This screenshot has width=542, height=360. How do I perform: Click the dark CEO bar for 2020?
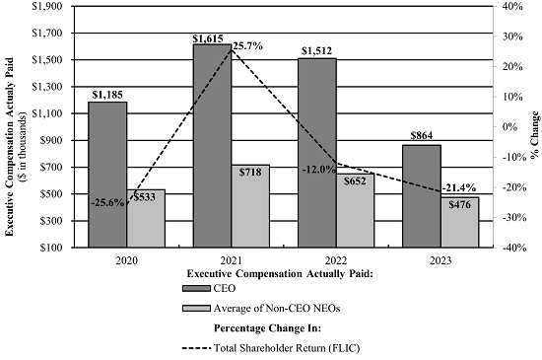pyautogui.click(x=107, y=175)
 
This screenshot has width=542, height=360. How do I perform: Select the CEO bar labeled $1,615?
pyautogui.click(x=212, y=146)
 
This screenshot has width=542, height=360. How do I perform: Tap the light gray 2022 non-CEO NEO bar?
pyautogui.click(x=355, y=211)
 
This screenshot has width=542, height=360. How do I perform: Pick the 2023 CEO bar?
pyautogui.click(x=422, y=196)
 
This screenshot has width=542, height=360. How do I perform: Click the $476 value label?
pyautogui.click(x=460, y=205)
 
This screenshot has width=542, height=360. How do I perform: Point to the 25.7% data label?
pyautogui.click(x=247, y=45)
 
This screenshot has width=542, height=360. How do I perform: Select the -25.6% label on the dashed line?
pyautogui.click(x=107, y=202)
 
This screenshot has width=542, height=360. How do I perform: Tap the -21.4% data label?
pyautogui.click(x=459, y=188)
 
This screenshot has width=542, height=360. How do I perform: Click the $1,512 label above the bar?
pyautogui.click(x=316, y=51)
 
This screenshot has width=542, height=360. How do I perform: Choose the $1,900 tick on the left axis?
pyautogui.click(x=47, y=6)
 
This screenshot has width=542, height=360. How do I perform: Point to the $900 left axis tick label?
pyautogui.click(x=51, y=140)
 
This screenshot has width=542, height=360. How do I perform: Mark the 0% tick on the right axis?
pyautogui.click(x=509, y=127)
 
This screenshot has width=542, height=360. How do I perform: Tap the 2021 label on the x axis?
pyautogui.click(x=232, y=260)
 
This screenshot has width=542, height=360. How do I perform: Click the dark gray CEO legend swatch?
pyautogui.click(x=196, y=288)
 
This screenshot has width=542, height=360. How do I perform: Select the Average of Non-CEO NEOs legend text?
pyautogui.click(x=277, y=308)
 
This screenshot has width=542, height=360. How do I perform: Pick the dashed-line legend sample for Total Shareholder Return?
pyautogui.click(x=196, y=348)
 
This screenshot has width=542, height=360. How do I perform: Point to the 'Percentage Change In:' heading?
pyautogui.click(x=267, y=327)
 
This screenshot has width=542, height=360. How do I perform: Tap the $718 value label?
pyautogui.click(x=250, y=172)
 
